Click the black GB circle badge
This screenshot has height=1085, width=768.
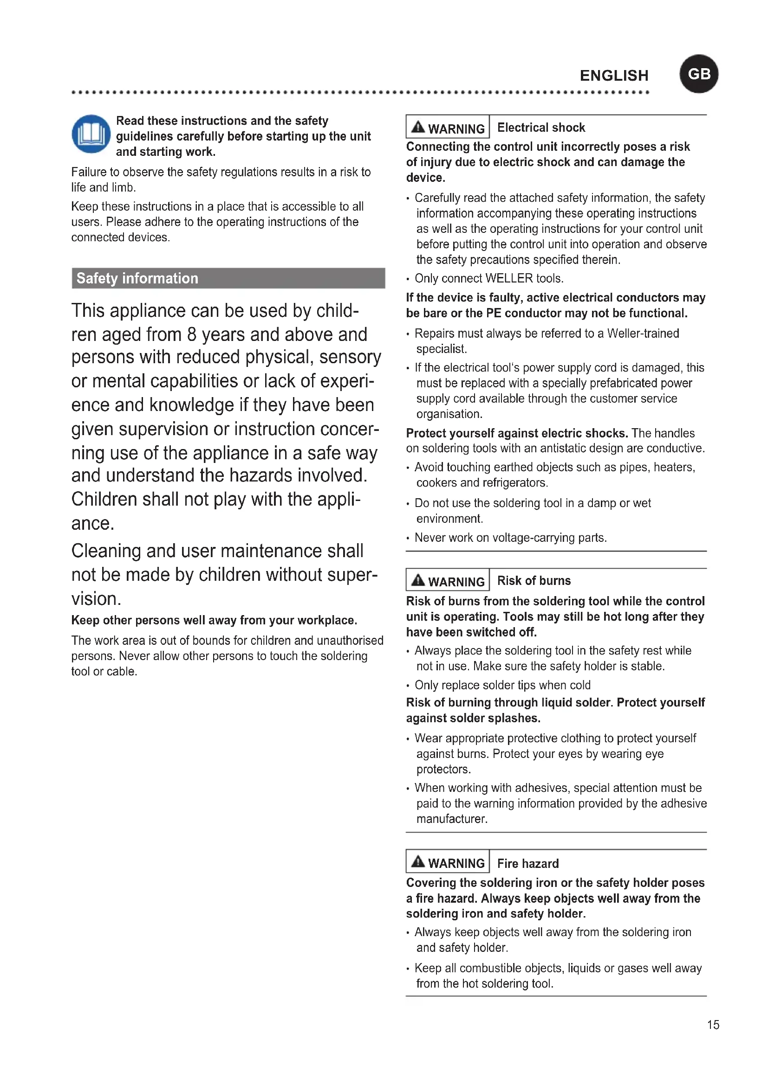[698, 74]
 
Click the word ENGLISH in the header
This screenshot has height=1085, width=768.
[614, 76]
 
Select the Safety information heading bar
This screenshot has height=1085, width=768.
[228, 278]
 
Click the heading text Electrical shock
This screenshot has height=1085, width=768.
[541, 128]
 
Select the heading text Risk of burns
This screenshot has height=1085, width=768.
[534, 580]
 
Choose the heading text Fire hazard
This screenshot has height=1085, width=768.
[528, 863]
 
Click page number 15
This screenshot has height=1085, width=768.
[713, 1025]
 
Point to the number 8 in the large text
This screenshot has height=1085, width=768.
[191, 334]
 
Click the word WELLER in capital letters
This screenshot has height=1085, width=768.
[509, 278]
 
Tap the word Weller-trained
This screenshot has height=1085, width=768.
[643, 333]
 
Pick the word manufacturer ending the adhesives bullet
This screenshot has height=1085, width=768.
[451, 819]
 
